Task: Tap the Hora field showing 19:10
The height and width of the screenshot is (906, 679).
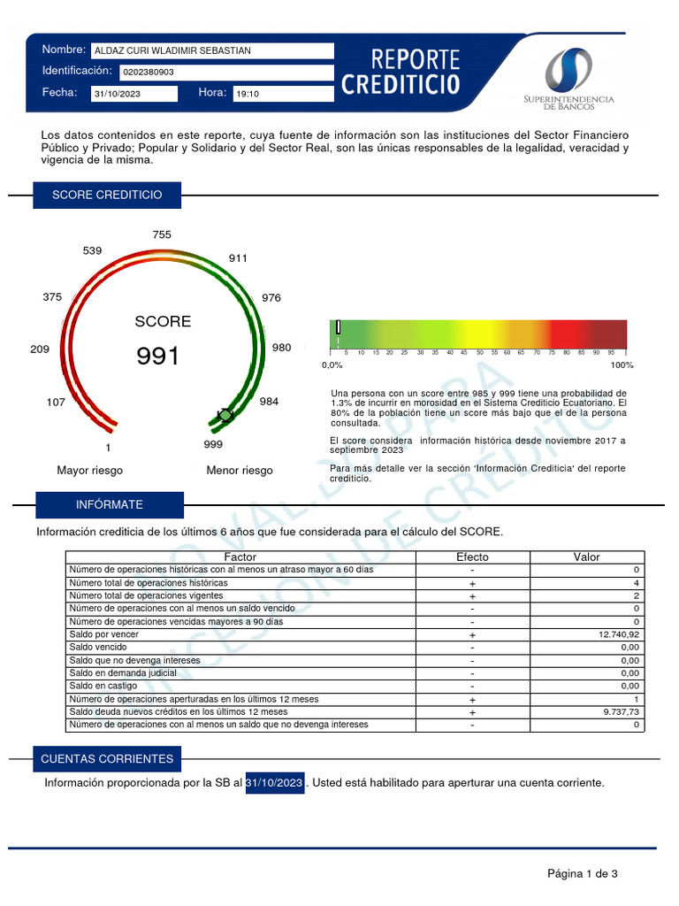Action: pos(282,94)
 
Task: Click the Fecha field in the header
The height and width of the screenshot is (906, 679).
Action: pos(134,94)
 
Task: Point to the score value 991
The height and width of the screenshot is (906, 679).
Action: pos(157,357)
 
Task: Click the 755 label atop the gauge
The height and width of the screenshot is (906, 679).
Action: pos(162,234)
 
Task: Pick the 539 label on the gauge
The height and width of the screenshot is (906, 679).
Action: pos(93,250)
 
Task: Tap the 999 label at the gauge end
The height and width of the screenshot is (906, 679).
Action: pos(213,444)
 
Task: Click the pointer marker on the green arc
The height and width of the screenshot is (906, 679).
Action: pos(225,414)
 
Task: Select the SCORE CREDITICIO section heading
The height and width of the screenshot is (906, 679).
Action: pos(107,195)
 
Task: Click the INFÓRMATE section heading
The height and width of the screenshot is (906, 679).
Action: pos(110,504)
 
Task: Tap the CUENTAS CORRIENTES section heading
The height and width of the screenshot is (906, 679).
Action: pos(107,759)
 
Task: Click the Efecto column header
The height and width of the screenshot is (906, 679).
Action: pos(472,557)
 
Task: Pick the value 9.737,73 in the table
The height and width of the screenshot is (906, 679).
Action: pos(618,711)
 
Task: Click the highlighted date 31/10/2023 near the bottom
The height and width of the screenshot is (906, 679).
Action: pos(274,783)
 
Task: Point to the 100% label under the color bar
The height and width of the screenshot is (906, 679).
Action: pos(622,365)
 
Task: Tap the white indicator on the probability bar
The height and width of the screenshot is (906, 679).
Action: pos(339,327)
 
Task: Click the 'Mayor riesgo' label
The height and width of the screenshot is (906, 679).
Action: pos(90,471)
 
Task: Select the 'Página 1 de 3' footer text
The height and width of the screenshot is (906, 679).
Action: pos(582,874)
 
